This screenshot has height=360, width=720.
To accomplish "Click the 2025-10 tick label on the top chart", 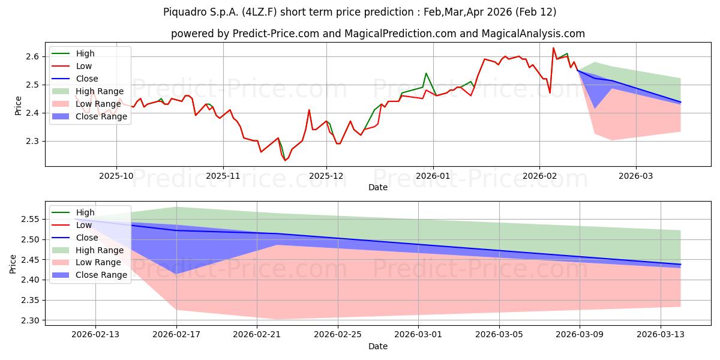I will [x=116, y=176].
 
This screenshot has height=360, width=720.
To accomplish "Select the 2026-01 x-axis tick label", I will [x=433, y=176].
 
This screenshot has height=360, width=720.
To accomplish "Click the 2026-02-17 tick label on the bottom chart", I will [x=176, y=335].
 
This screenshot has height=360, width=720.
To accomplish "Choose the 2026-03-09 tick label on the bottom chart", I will [x=580, y=335].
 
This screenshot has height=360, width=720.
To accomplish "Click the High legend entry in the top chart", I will [x=85, y=53].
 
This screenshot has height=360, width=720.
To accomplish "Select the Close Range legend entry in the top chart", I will [x=101, y=116].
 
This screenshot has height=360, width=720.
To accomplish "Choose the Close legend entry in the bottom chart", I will [x=87, y=238].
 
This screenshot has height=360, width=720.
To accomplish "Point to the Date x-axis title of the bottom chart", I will [x=378, y=346].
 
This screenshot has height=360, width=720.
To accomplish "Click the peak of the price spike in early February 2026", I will [x=553, y=48].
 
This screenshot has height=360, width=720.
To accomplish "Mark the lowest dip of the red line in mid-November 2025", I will [x=286, y=160].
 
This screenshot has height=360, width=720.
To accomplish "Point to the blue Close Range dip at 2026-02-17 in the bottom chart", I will [x=176, y=274].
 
